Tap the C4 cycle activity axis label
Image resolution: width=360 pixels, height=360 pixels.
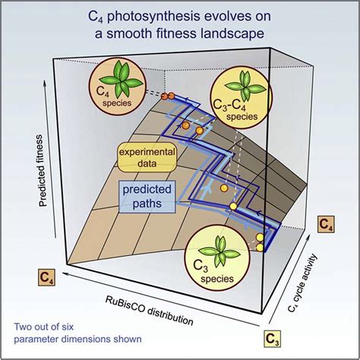[x=303, y=283]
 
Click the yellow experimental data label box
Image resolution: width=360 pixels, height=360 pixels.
[x=147, y=157]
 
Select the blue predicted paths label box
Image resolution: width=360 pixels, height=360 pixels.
[x=147, y=197]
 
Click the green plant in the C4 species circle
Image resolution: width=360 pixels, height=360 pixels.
[x=121, y=81]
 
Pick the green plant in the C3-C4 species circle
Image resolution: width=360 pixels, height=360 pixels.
[x=245, y=87]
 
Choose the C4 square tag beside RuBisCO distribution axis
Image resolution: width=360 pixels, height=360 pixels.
[x=46, y=277]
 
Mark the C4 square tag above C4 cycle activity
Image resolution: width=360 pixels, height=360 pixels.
[x=326, y=224]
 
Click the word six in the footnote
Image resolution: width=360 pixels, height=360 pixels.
[x=67, y=327]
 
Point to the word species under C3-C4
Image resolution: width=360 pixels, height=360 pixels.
[x=242, y=117]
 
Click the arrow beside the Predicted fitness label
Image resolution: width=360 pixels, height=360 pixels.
[x=50, y=159]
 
